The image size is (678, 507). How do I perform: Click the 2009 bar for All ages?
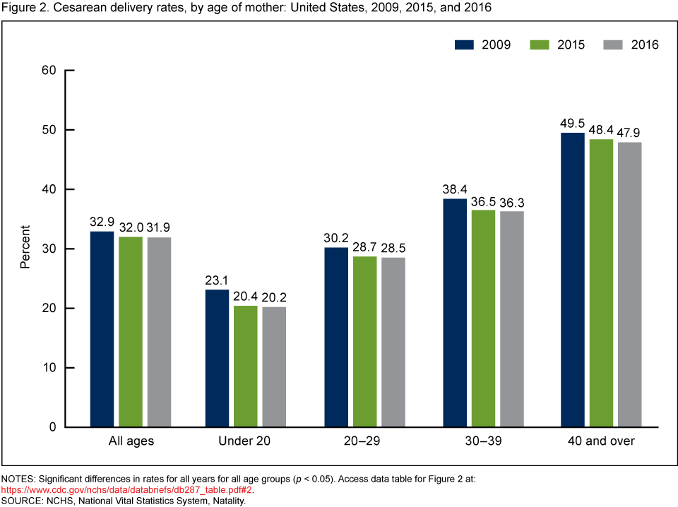point(102,329)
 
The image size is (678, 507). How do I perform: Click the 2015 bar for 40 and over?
point(600,282)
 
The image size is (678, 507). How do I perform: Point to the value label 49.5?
point(572,123)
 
